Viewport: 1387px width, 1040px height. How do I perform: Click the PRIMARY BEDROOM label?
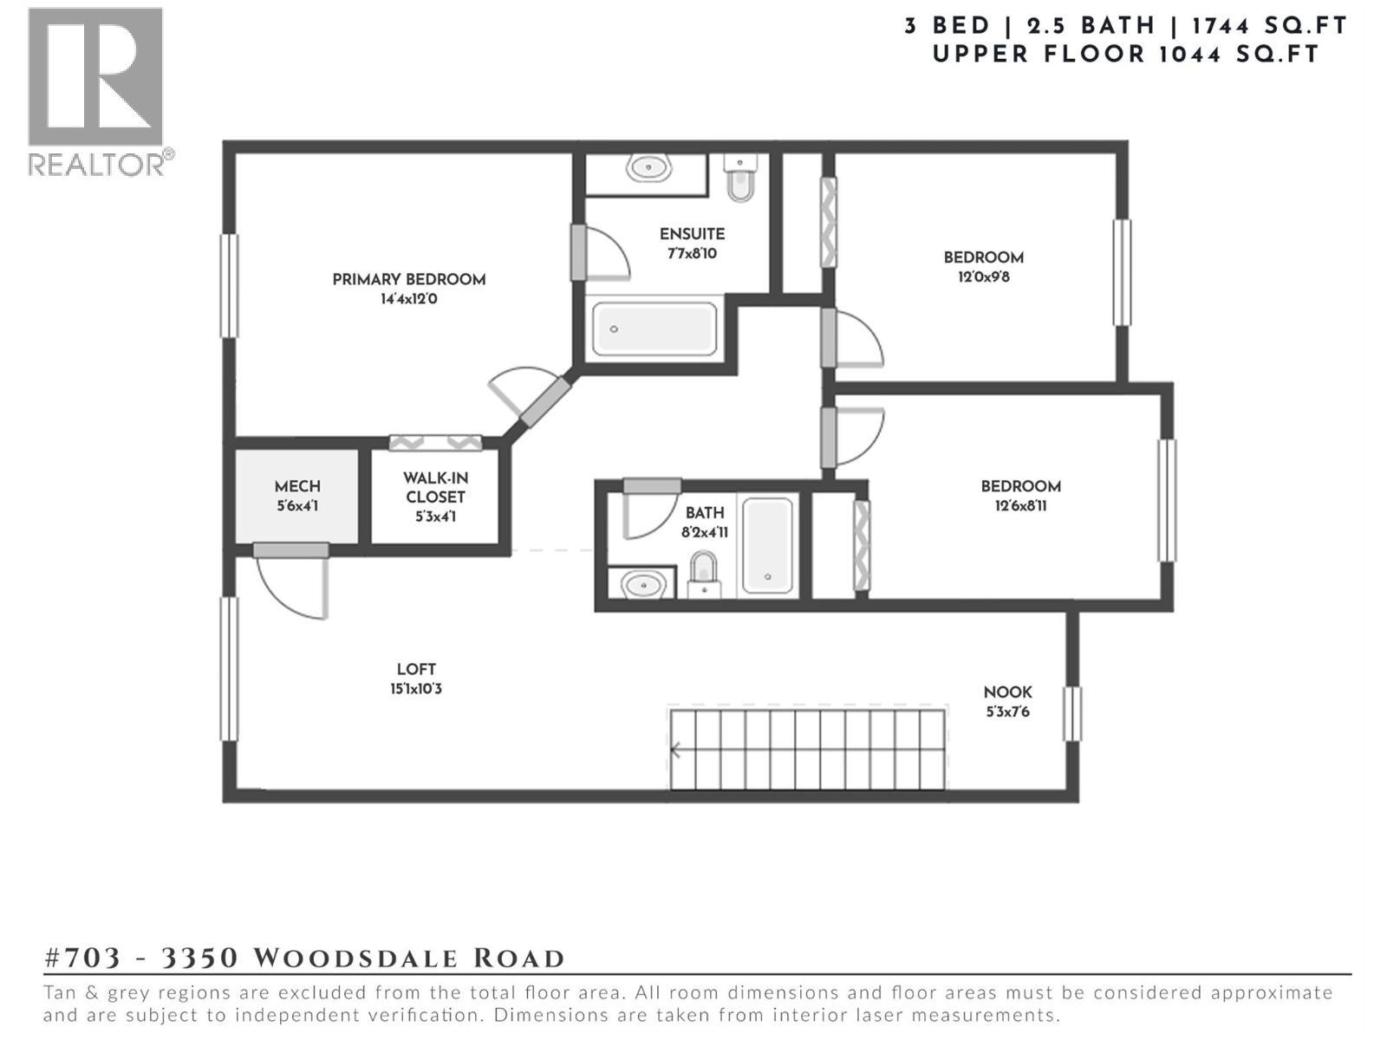click(x=408, y=279)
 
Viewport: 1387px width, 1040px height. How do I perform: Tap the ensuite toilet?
click(x=740, y=179)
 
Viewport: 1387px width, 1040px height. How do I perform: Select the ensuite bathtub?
click(x=654, y=329)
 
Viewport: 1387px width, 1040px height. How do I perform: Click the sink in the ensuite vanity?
click(x=648, y=168)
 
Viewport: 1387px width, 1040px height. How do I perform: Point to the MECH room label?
click(x=297, y=487)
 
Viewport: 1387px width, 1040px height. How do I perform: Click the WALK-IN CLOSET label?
click(x=435, y=488)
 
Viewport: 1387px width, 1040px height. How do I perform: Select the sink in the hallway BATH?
click(x=642, y=585)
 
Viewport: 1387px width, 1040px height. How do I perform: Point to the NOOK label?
click(x=1007, y=692)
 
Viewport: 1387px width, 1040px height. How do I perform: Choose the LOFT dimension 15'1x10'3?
click(x=416, y=690)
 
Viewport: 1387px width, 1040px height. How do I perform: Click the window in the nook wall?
click(x=1072, y=713)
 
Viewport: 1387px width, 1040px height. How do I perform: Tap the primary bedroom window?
click(x=229, y=285)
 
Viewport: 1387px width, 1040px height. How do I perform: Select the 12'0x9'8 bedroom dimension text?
click(x=983, y=277)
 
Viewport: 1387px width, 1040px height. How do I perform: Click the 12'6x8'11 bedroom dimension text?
click(x=1020, y=506)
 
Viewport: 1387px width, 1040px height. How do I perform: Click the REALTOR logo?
click(x=97, y=91)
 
